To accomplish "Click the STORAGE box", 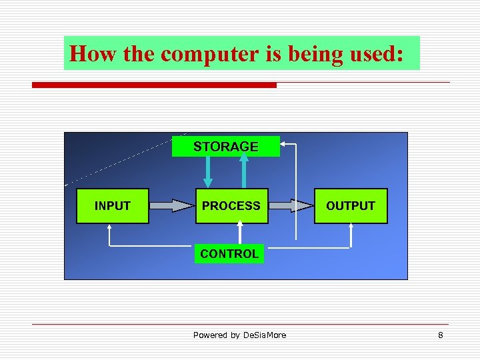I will [x=225, y=147].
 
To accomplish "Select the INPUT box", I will [x=112, y=206].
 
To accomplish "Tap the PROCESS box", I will [x=231, y=206].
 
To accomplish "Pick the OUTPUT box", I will [x=350, y=206].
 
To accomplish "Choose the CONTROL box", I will [x=229, y=254].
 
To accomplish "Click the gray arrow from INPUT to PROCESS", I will [x=171, y=206].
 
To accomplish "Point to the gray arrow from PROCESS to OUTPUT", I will [x=292, y=206].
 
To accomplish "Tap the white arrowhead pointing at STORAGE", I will [x=285, y=143].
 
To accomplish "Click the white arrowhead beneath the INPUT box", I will [x=110, y=228].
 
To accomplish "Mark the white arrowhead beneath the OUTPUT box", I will [x=351, y=228].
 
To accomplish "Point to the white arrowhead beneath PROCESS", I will [x=241, y=227].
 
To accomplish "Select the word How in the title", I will [x=93, y=54].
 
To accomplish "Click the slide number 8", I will [x=440, y=335].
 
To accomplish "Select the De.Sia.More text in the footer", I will [x=264, y=335].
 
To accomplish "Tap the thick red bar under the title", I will [x=154, y=85].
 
